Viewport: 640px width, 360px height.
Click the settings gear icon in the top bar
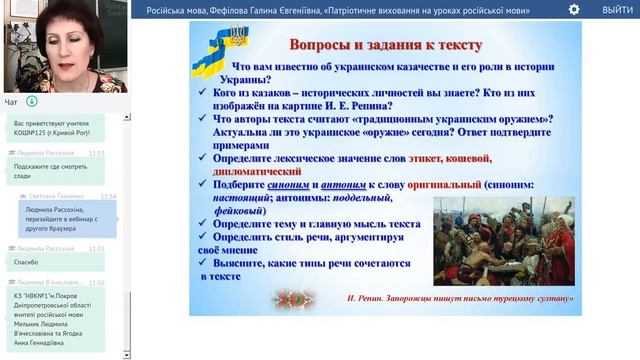[574, 9]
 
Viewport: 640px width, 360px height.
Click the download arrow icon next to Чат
[32, 101]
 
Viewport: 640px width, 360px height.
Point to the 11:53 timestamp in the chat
[96, 153]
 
